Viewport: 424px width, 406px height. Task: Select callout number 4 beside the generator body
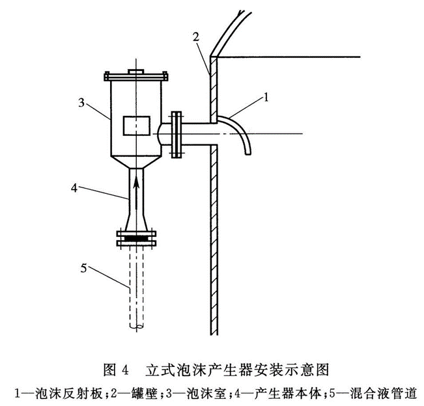coord(76,187)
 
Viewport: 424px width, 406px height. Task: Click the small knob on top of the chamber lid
coord(135,72)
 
